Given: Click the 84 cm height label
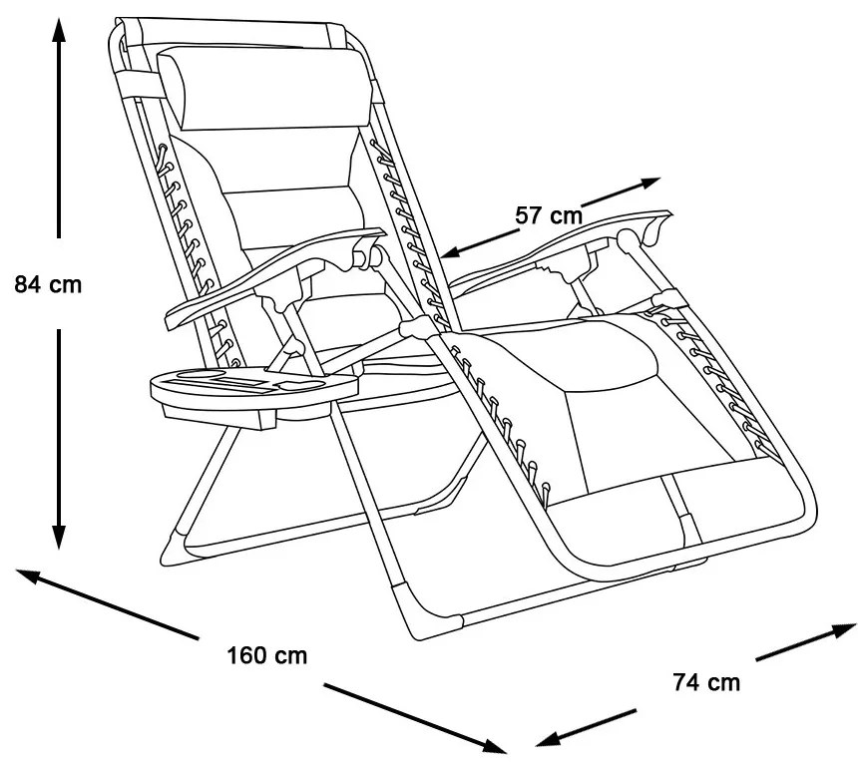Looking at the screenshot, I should click(48, 284).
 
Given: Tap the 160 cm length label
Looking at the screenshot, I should click(266, 655).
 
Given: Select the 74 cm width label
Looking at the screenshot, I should click(706, 682).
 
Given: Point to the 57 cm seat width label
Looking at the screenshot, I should click(549, 213).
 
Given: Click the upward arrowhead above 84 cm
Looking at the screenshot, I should click(59, 30).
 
